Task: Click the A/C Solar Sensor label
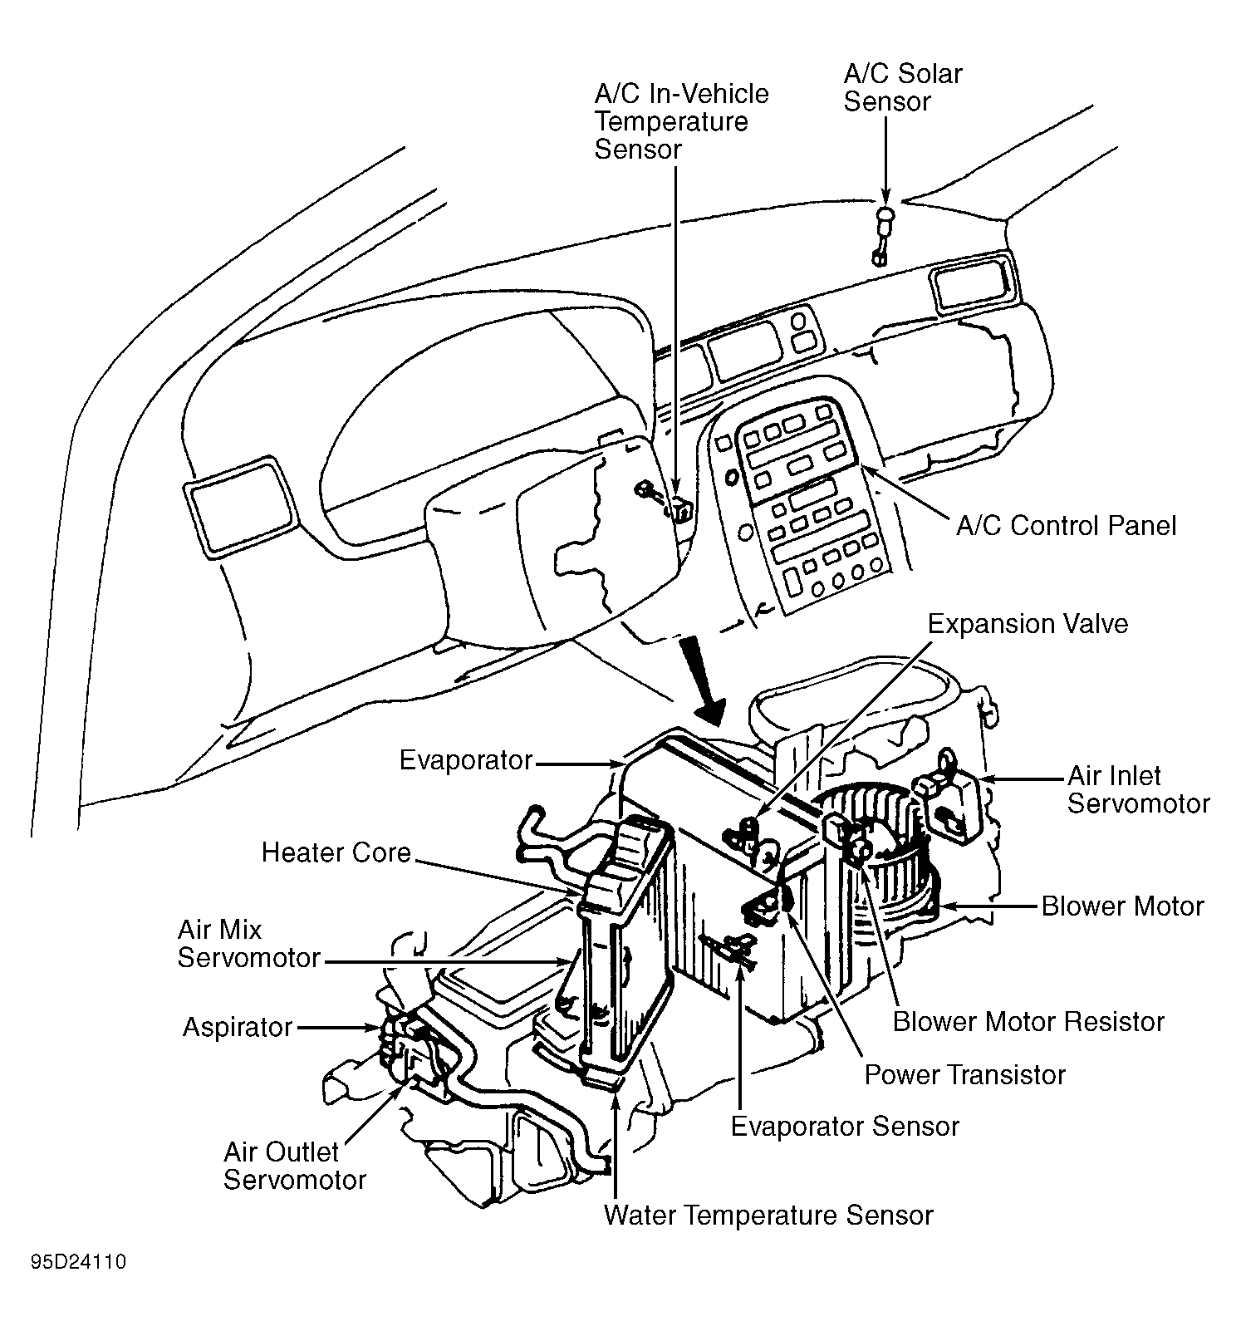coord(903,87)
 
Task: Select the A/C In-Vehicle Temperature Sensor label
coord(681,121)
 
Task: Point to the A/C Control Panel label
coord(1067,526)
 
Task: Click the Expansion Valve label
coord(1028,624)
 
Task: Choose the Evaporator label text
coord(466,760)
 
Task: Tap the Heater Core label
coord(336,852)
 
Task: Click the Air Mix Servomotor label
coord(249,943)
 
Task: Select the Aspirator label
coord(238,1028)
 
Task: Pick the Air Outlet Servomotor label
coord(295,1166)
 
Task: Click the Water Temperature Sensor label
coord(768,1216)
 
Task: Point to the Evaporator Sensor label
coord(845,1127)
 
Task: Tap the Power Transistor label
coord(964,1075)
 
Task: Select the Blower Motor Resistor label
coord(1028,1021)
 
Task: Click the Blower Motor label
coord(1122,906)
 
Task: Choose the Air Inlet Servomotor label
coord(1138,789)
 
